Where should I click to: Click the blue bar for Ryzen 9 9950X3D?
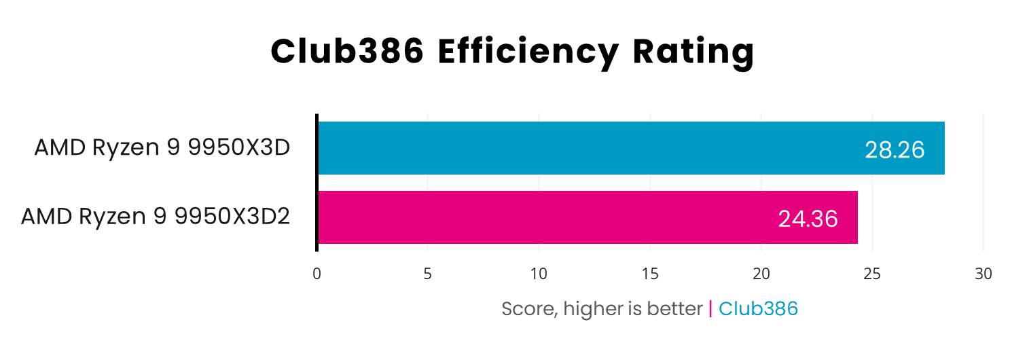pos(584,148)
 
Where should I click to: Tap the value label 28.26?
pos(895,150)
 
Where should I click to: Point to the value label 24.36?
pos(808,219)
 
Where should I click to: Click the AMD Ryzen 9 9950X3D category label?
pos(162,147)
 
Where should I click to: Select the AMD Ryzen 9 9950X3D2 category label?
pos(156,217)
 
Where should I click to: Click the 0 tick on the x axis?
pos(317,274)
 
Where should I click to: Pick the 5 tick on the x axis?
pos(428,274)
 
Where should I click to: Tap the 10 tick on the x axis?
pos(539,274)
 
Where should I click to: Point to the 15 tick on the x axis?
pos(650,274)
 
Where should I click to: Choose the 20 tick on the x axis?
pos(761,274)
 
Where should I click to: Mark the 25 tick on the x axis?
pos(872,274)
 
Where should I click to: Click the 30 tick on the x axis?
pos(983,274)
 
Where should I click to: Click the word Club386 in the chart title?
pos(346,52)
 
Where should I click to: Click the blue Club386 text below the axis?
pos(758,309)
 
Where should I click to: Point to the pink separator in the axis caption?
pos(710,309)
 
